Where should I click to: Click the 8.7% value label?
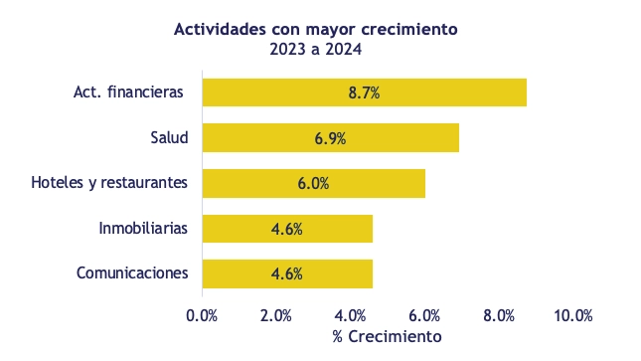(x=364, y=92)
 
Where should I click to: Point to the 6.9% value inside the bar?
(x=330, y=138)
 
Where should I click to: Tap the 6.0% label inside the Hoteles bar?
(x=313, y=183)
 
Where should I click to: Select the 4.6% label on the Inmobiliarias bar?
(x=286, y=229)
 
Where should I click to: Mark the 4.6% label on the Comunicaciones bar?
(x=286, y=273)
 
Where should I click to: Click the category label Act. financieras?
(x=128, y=92)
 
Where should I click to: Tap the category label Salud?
(x=168, y=137)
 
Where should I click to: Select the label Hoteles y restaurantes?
(x=109, y=183)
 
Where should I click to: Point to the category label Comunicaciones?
(x=132, y=273)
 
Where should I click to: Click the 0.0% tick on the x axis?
(x=202, y=315)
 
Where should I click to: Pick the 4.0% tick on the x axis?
(x=350, y=315)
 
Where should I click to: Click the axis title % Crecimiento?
(x=387, y=337)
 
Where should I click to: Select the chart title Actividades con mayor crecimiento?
(x=315, y=29)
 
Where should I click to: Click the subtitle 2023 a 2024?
(x=315, y=49)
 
